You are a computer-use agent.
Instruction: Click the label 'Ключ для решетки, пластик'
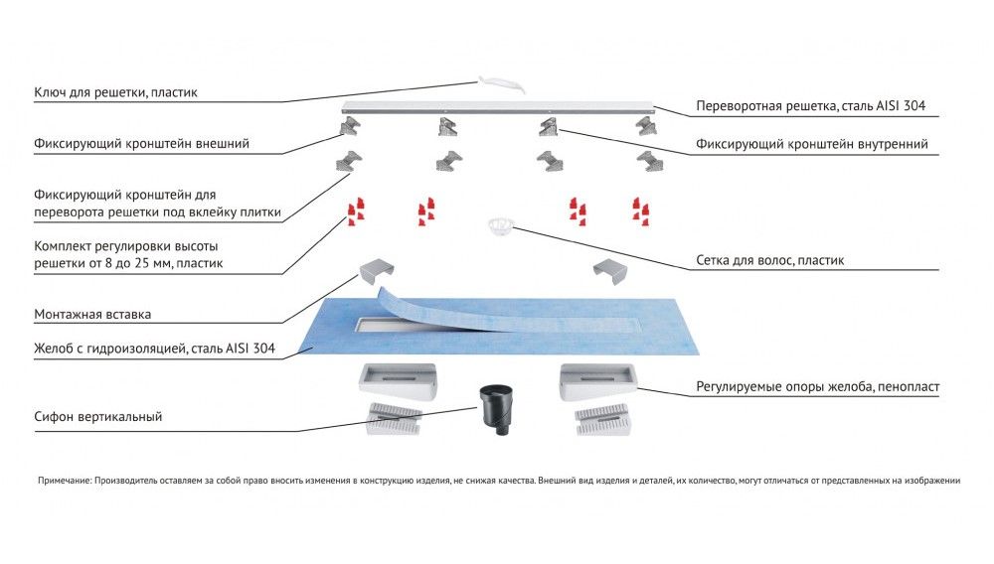[x=115, y=93]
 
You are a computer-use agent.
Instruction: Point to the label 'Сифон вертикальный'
[x=97, y=417]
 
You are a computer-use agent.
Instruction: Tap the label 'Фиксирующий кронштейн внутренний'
[x=812, y=144]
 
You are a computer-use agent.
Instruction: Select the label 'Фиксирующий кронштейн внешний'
[x=141, y=144]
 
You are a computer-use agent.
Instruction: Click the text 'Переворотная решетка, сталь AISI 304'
[x=813, y=105]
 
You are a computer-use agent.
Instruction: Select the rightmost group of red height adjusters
[x=639, y=211]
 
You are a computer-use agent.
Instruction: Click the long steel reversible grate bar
[x=497, y=107]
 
